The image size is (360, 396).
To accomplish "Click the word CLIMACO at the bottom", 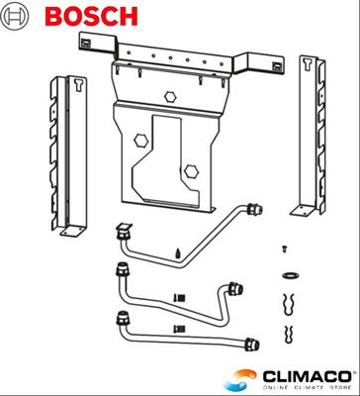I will coord(298,374).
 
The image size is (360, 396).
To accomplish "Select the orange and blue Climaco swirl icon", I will coord(242,378).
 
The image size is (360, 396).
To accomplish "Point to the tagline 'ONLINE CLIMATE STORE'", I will coord(298,387).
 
